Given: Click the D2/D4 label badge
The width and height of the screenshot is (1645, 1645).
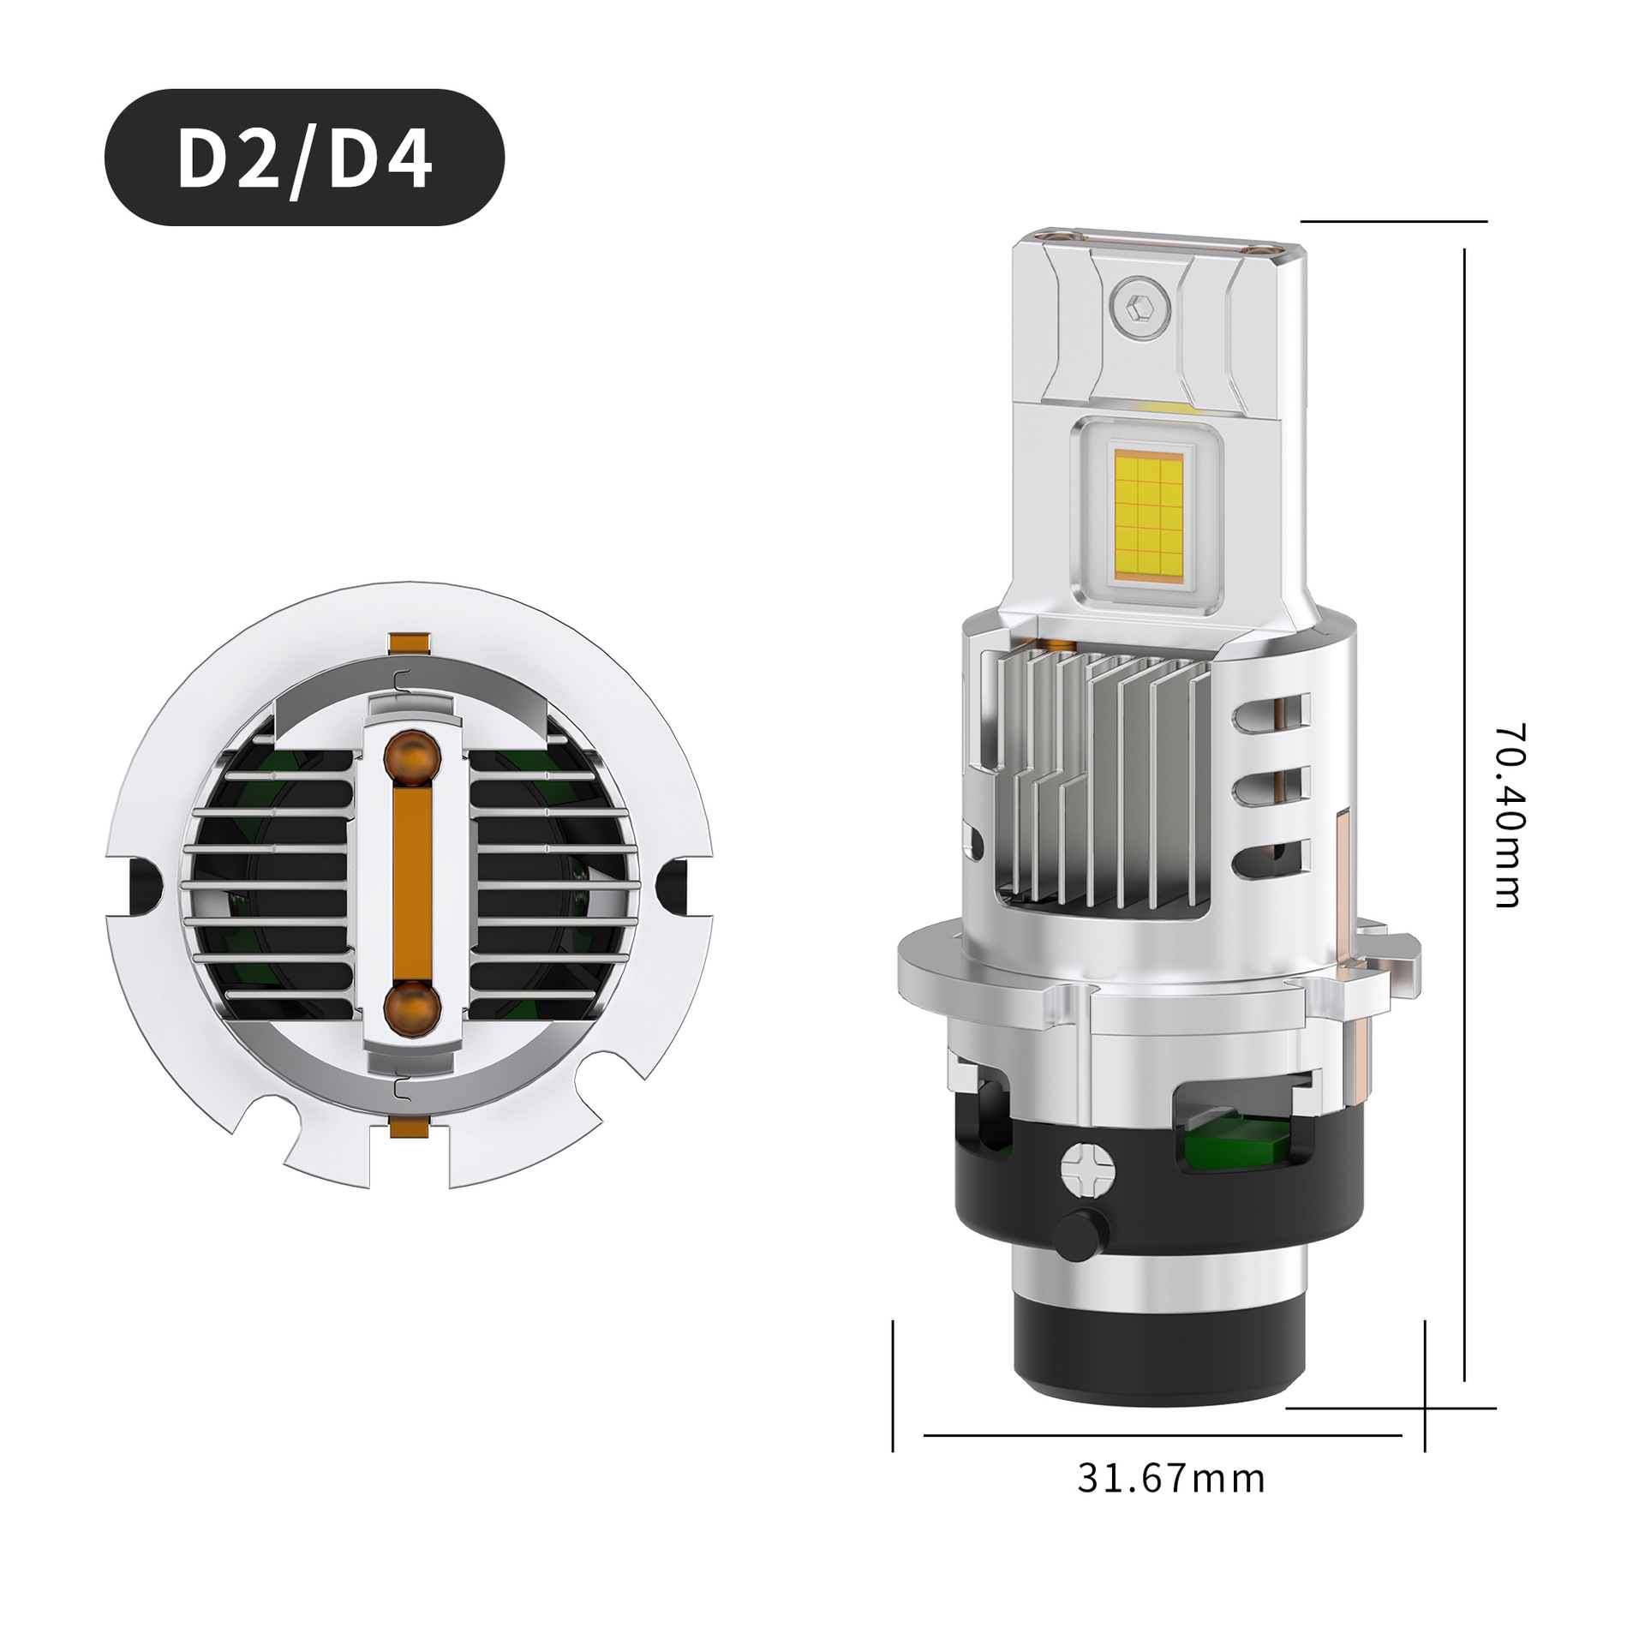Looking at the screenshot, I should point(304,158).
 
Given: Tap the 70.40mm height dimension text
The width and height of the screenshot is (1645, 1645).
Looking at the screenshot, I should point(1509,816).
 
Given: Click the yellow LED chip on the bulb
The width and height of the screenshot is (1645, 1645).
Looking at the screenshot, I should point(1148,512).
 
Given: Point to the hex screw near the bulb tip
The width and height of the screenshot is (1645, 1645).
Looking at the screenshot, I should point(1140,305).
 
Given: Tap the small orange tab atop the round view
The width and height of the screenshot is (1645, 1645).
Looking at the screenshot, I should point(409,643).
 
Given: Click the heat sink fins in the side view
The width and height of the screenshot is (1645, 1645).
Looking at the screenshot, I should point(1105,780).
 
